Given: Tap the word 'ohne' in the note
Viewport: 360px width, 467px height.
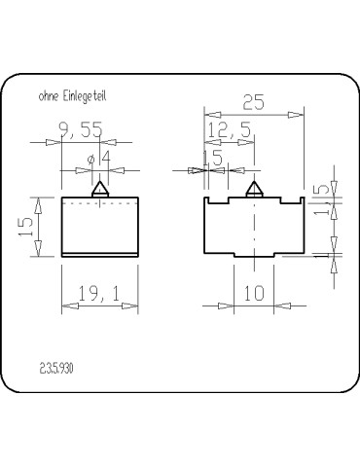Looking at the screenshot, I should (x=47, y=96).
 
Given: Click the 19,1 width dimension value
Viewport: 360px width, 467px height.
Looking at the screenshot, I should (x=100, y=293).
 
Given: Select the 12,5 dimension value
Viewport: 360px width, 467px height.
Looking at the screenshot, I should (x=230, y=129).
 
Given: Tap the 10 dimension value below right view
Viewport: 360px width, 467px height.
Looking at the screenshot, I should (x=255, y=293).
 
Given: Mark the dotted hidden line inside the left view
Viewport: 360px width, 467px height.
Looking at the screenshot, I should (x=100, y=206).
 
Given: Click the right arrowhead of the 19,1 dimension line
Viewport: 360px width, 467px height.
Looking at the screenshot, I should (x=134, y=305).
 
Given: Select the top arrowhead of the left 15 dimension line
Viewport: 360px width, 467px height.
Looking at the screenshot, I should (x=39, y=202).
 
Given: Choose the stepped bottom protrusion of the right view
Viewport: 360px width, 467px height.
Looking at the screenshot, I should (x=255, y=255).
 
